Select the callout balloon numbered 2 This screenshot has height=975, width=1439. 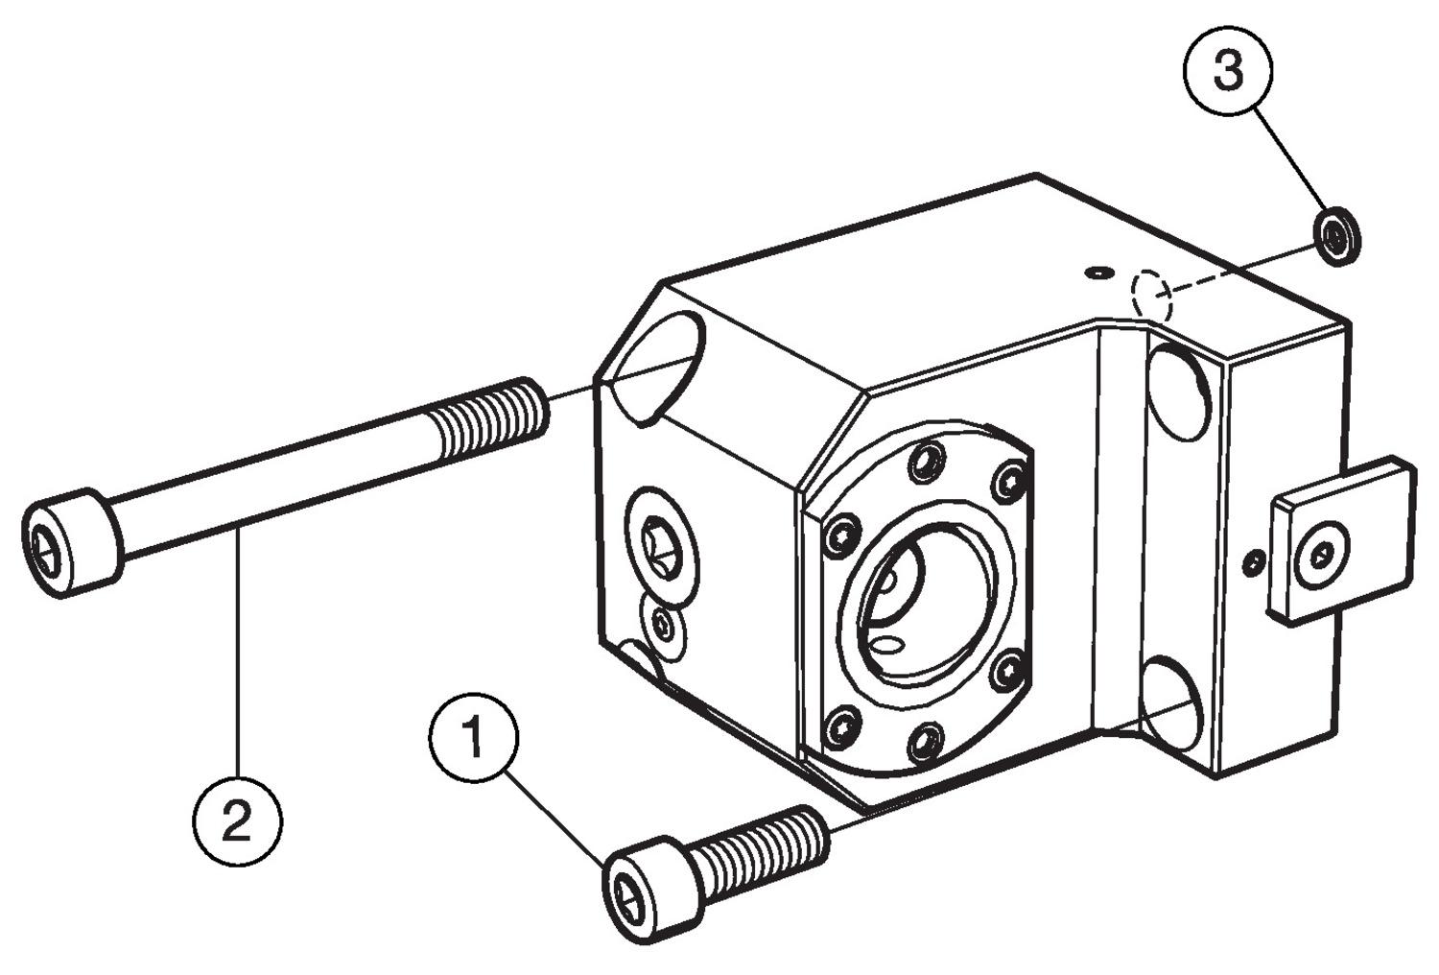[x=237, y=821]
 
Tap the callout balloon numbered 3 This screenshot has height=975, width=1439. [x=1228, y=70]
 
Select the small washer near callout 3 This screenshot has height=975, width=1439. [x=1336, y=235]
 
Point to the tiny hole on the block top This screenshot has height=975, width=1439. [x=1097, y=273]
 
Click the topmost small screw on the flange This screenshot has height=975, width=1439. [x=925, y=463]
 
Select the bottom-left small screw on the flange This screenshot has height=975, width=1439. [x=842, y=726]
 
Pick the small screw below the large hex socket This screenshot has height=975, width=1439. [x=665, y=625]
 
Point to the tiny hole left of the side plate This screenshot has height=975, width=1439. [x=1252, y=564]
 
